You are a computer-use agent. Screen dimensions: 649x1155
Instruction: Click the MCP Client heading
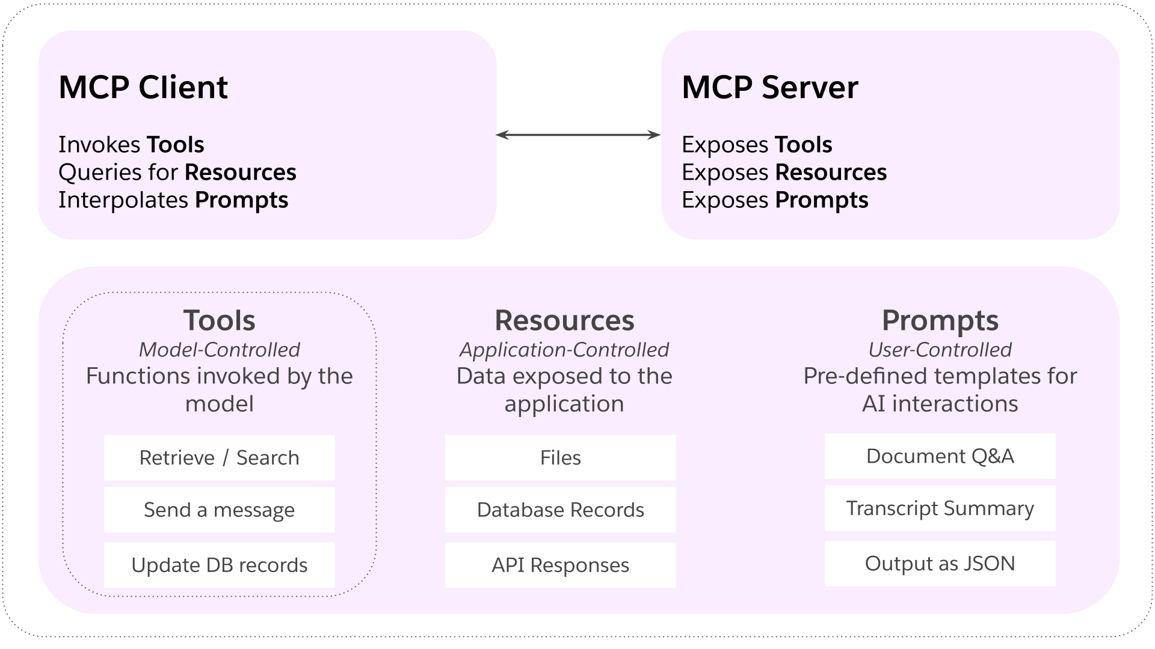click(x=143, y=88)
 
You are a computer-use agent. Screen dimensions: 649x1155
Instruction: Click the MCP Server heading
click(x=769, y=88)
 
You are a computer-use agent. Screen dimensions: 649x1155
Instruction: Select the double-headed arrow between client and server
click(x=578, y=135)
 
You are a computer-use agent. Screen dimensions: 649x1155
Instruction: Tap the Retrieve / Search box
click(x=219, y=458)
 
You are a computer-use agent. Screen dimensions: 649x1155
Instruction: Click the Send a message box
click(x=219, y=510)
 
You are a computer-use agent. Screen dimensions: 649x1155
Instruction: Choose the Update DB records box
click(x=219, y=565)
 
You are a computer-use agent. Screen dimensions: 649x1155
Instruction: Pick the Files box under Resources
click(x=560, y=458)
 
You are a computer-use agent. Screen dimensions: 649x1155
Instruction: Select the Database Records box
click(x=560, y=510)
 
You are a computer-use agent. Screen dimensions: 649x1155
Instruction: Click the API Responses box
click(x=560, y=565)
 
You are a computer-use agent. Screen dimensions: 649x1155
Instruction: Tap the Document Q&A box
click(x=940, y=456)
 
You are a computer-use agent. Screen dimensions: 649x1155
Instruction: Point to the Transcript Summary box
click(x=940, y=508)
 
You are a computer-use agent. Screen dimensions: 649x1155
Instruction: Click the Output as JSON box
click(x=940, y=564)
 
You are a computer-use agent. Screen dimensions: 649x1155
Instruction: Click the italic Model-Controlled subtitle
click(x=219, y=350)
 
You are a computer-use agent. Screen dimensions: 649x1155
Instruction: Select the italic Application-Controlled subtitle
click(x=564, y=350)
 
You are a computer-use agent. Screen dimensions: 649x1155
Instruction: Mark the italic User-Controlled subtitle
click(x=940, y=350)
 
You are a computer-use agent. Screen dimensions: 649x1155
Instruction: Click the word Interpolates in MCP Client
click(x=123, y=200)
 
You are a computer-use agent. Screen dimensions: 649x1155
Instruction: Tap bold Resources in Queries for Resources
click(x=240, y=172)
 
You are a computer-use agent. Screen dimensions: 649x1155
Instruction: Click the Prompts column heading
click(x=940, y=321)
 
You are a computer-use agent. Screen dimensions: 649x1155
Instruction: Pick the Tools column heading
click(x=219, y=321)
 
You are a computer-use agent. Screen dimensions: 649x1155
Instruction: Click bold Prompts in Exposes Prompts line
click(x=821, y=200)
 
